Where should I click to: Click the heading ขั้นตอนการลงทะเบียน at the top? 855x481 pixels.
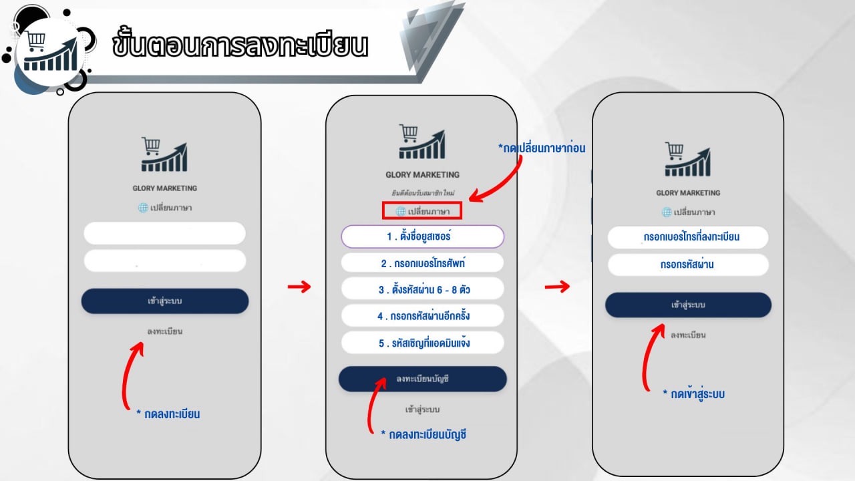(x=240, y=45)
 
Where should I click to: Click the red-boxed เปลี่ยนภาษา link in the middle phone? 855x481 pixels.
(x=422, y=210)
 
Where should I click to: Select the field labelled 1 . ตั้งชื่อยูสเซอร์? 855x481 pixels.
(x=423, y=236)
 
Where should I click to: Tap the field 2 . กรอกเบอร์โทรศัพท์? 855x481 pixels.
(x=423, y=263)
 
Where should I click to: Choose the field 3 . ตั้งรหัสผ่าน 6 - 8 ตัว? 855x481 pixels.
(x=423, y=289)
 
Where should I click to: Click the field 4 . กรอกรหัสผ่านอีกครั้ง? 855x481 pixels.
(x=423, y=316)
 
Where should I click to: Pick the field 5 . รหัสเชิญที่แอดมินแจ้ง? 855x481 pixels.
(x=423, y=343)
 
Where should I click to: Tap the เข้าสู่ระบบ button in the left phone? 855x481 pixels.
(x=165, y=301)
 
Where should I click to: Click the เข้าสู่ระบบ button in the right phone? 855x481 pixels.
(x=688, y=305)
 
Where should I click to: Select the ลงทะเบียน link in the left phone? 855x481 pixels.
(x=165, y=331)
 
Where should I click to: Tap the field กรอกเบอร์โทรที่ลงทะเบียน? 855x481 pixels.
(x=688, y=237)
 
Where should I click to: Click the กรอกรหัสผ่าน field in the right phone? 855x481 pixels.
(x=688, y=265)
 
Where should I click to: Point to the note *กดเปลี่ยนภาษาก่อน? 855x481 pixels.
(x=542, y=148)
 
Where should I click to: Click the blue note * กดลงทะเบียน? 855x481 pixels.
(x=168, y=414)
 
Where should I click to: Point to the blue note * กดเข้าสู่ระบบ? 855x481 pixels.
(x=694, y=394)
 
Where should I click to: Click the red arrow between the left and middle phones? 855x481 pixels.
(x=299, y=287)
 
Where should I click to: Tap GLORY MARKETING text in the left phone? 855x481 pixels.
(x=165, y=188)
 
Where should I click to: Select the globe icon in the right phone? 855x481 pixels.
(x=667, y=212)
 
